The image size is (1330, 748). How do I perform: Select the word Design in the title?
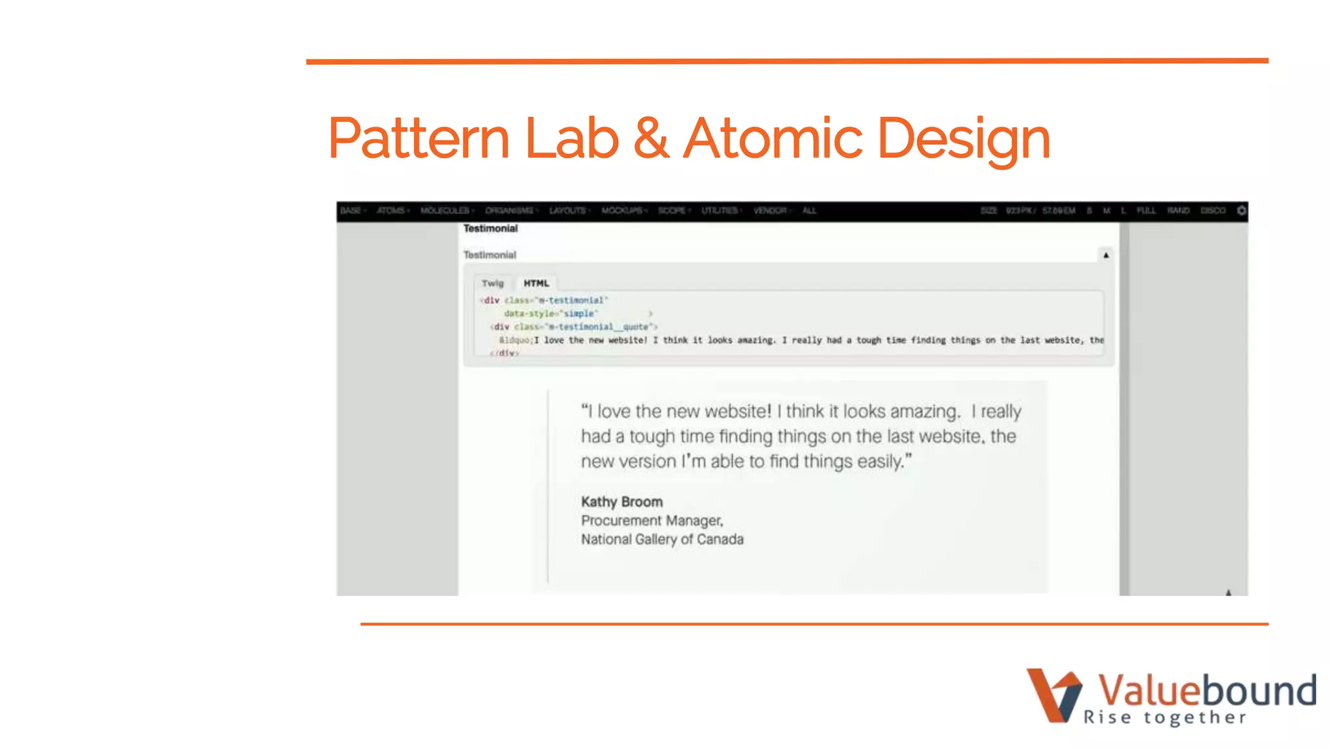coord(964,139)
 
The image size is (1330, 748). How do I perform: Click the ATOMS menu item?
coord(392,211)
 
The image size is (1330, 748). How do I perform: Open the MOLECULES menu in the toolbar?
coord(446,211)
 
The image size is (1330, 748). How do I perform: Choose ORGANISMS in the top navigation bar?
coord(510,211)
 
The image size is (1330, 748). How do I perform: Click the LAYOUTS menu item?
coord(568,211)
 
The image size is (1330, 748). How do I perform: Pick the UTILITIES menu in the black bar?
coord(720,211)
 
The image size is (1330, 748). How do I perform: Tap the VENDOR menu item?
coord(771,211)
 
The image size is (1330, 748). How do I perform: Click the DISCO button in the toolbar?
coord(1212,211)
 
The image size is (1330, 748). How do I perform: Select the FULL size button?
coord(1146,211)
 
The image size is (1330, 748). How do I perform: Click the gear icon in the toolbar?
coord(1241,211)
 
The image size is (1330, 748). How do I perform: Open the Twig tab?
coord(493,283)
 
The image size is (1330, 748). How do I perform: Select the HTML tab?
coord(536,283)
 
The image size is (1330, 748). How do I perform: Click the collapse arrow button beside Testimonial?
coord(1105,255)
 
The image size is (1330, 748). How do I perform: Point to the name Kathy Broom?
coord(621,502)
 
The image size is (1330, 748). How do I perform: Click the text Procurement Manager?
coord(652,521)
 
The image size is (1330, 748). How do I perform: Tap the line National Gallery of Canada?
coord(662,540)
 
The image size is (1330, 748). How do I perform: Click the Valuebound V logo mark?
coord(1054,695)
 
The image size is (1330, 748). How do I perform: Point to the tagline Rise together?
coord(1165,717)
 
